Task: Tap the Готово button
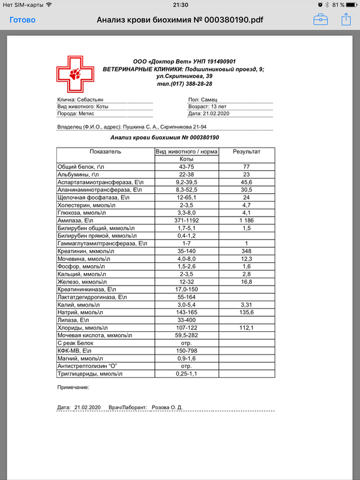[22, 20]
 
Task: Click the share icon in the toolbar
[346, 19]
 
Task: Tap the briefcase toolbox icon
[320, 19]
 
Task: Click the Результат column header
[246, 152]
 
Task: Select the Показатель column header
[105, 152]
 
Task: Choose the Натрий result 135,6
[246, 313]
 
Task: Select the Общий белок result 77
[246, 166]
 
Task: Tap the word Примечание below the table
[73, 389]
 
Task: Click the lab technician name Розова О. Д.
[167, 407]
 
